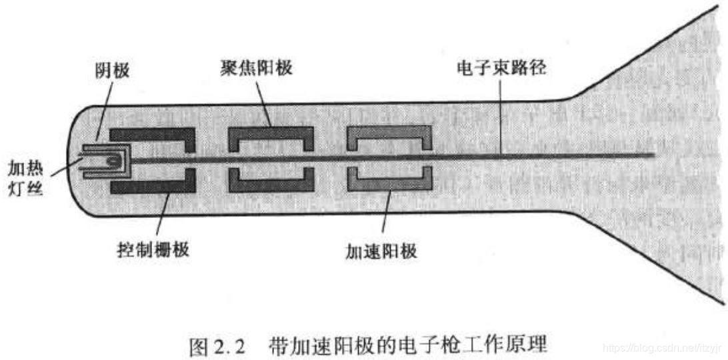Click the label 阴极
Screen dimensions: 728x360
pyautogui.click(x=111, y=69)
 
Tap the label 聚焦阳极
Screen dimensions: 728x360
pyautogui.click(x=255, y=69)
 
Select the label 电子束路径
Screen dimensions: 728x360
pyautogui.click(x=501, y=69)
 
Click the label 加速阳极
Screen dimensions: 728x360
pyautogui.click(x=381, y=251)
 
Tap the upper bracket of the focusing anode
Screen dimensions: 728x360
pyautogui.click(x=271, y=131)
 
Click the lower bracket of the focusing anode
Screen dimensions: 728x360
pyautogui.click(x=271, y=185)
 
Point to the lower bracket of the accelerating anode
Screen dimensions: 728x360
pyautogui.click(x=389, y=184)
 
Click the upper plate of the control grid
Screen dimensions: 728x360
pyautogui.click(x=153, y=131)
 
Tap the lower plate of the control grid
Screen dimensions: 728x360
pyautogui.click(x=153, y=187)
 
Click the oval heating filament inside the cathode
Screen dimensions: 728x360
pyautogui.click(x=115, y=160)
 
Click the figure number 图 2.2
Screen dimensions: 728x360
pyautogui.click(x=217, y=347)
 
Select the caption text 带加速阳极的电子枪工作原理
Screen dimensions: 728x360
pyautogui.click(x=408, y=347)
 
